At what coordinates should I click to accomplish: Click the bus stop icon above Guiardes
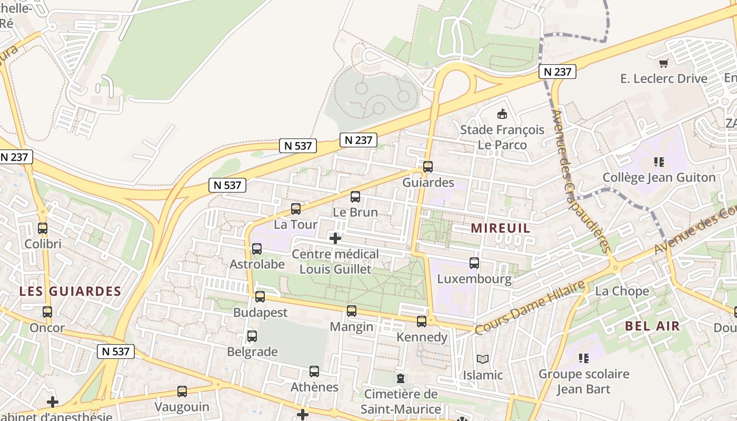click(427, 167)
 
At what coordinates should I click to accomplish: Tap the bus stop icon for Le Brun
click(355, 197)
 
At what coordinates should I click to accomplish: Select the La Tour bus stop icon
click(296, 209)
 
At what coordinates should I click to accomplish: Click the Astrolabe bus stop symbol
click(257, 249)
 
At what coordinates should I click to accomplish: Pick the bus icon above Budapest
click(260, 297)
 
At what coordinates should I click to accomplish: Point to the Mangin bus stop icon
click(352, 311)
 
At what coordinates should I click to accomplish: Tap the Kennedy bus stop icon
click(422, 322)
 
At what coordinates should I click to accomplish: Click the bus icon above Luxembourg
click(474, 263)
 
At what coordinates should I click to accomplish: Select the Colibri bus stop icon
click(43, 228)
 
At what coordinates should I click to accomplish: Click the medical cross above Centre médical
click(335, 238)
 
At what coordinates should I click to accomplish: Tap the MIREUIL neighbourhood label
click(501, 228)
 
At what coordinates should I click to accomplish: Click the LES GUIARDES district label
click(71, 291)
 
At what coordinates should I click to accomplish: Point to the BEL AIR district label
click(653, 326)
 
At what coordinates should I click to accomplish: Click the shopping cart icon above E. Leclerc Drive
click(663, 63)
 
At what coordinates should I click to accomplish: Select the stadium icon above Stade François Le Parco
click(502, 114)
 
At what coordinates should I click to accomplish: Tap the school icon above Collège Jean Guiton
click(659, 162)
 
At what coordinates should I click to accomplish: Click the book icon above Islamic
click(483, 359)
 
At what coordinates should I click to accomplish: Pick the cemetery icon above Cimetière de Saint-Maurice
click(401, 378)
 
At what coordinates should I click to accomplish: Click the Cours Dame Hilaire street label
click(530, 307)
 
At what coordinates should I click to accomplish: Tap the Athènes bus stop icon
click(314, 372)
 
